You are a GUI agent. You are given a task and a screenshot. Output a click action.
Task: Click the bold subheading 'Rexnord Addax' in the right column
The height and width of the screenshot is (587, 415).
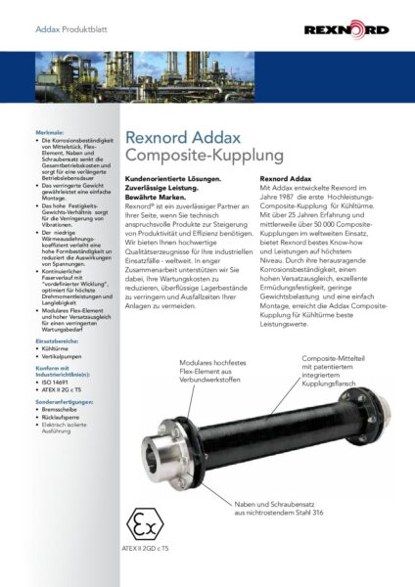[x=285, y=179]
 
